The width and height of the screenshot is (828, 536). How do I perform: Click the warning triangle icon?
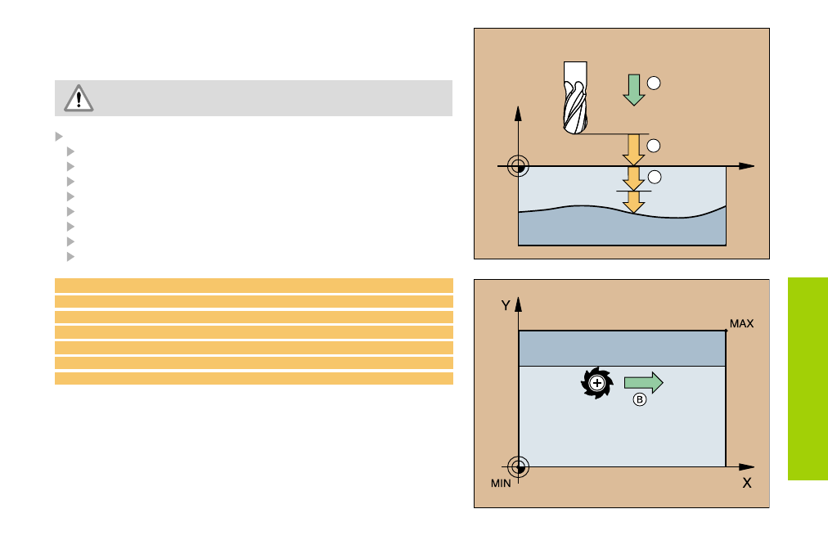pyautogui.click(x=78, y=98)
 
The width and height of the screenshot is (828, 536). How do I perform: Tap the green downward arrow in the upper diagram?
pyautogui.click(x=633, y=89)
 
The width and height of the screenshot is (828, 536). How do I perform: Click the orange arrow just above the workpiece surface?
pyautogui.click(x=633, y=150)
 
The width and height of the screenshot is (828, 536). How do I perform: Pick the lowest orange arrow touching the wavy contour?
pyautogui.click(x=633, y=201)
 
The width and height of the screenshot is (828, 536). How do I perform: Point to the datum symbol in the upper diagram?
pyautogui.click(x=517, y=166)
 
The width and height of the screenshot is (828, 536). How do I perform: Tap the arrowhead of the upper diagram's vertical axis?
pyautogui.click(x=517, y=112)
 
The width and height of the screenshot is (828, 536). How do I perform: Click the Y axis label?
pyautogui.click(x=506, y=305)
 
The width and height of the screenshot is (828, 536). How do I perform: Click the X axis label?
pyautogui.click(x=746, y=483)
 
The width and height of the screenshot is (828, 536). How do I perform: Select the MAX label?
pyautogui.click(x=741, y=324)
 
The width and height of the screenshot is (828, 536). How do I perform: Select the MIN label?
pyautogui.click(x=501, y=483)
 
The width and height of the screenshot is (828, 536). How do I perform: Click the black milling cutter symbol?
pyautogui.click(x=596, y=383)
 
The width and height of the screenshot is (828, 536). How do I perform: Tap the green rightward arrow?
pyautogui.click(x=643, y=382)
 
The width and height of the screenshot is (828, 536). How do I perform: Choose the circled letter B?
pyautogui.click(x=640, y=400)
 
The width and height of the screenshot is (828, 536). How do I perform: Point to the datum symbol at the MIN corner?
pyautogui.click(x=518, y=467)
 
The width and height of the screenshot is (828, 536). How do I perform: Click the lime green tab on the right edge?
pyautogui.click(x=808, y=379)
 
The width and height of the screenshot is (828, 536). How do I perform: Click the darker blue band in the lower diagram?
pyautogui.click(x=623, y=349)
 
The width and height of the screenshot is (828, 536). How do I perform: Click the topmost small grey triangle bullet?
pyautogui.click(x=58, y=136)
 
